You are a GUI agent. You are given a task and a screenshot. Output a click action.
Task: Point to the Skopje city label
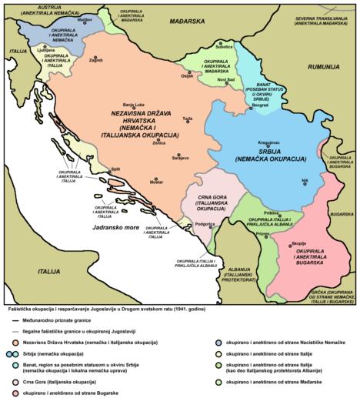[x=299, y=243]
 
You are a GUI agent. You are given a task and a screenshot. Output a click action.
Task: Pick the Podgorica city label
[x=204, y=222]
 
